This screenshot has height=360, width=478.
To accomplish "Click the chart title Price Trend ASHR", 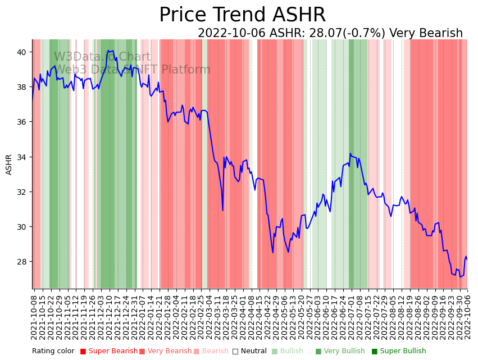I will [x=242, y=15].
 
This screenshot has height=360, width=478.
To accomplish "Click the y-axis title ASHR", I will [x=9, y=164].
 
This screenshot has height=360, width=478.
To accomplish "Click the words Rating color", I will [x=53, y=351].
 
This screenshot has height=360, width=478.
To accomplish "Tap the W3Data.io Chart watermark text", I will [x=102, y=57].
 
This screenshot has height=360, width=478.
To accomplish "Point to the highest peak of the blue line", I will [x=108, y=51].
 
